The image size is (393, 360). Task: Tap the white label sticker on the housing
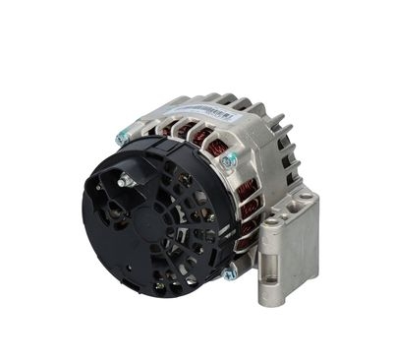tap(198, 111)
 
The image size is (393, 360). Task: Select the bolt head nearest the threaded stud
tap(122, 139)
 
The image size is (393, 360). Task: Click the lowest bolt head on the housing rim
tap(228, 274)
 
